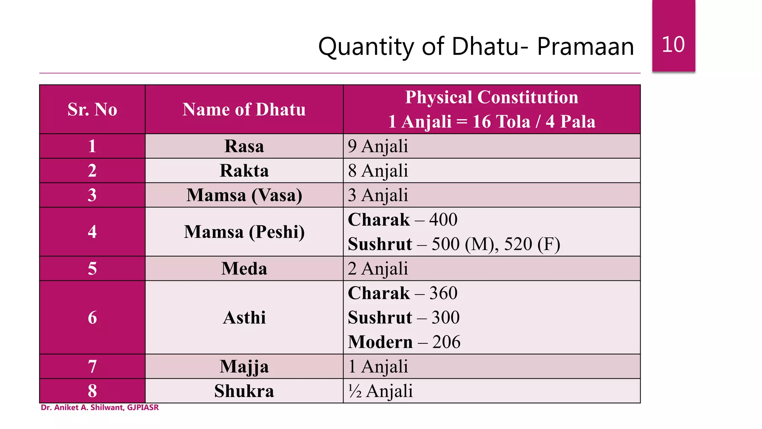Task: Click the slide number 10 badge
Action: coord(673,44)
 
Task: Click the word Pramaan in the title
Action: coord(585,47)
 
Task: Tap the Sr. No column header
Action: coord(92,109)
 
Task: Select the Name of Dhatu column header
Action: coord(244,109)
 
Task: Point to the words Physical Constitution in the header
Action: coord(492,97)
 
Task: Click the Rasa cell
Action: coord(244,146)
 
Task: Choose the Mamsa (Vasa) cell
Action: coord(244,195)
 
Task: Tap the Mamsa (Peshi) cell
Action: coord(244,232)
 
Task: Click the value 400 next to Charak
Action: coord(443,219)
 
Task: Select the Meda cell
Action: coord(244,268)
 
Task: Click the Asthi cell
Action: coord(244,318)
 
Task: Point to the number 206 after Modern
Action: coord(446,342)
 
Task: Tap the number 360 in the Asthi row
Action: coord(443,293)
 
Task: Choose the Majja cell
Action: coord(244,366)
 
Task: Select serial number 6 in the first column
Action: coord(92,318)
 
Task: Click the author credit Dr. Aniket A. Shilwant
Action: coord(100,407)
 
